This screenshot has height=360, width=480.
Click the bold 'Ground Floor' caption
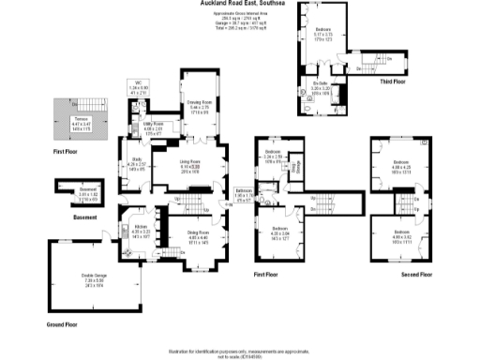pyautogui.click(x=61, y=324)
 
